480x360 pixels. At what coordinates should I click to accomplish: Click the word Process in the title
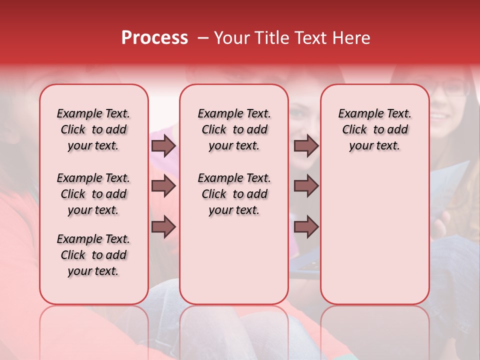pos(154,38)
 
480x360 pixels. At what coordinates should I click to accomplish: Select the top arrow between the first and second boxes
pos(163,146)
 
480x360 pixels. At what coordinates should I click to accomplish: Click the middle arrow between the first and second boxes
pos(163,186)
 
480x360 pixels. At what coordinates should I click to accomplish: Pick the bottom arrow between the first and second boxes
pos(163,226)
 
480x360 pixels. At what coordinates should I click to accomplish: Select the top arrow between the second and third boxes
pos(306,146)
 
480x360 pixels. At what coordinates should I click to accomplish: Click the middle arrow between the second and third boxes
pos(306,186)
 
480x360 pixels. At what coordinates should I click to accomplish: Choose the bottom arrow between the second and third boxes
pos(306,226)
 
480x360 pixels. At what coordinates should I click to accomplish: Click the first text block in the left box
pos(93,129)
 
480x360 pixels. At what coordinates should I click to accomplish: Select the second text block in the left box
pos(93,194)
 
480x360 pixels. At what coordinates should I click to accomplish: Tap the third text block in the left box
pos(93,255)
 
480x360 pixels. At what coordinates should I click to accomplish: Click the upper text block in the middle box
pos(234,129)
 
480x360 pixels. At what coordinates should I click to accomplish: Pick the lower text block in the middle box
pos(234,194)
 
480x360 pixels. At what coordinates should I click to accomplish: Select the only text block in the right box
pos(374,129)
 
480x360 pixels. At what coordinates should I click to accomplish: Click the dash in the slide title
pos(203,38)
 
